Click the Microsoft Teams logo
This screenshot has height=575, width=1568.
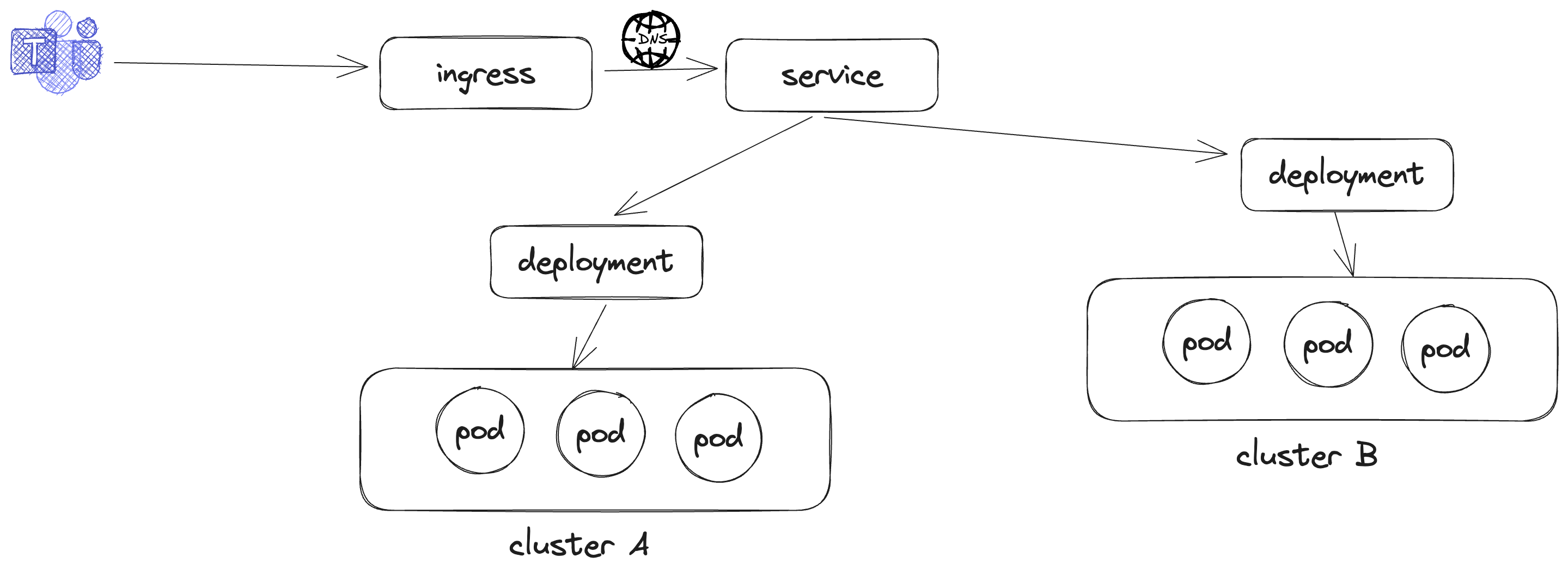point(56,52)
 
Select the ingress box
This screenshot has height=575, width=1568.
point(485,74)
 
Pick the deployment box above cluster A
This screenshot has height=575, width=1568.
point(596,262)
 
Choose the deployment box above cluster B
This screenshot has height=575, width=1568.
point(1346,175)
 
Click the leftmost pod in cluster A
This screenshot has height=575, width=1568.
point(480,431)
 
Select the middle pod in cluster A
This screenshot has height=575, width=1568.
point(600,434)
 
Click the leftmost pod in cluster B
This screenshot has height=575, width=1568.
point(1206,342)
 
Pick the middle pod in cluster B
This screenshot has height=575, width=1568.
point(1328,345)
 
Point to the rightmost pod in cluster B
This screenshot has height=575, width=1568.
point(1445,349)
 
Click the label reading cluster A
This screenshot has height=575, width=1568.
point(578,544)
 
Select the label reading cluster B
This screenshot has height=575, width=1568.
point(1306,455)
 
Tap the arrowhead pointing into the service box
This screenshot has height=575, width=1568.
point(706,68)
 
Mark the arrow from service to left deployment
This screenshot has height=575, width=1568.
point(712,166)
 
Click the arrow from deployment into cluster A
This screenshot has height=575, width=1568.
point(589,337)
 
